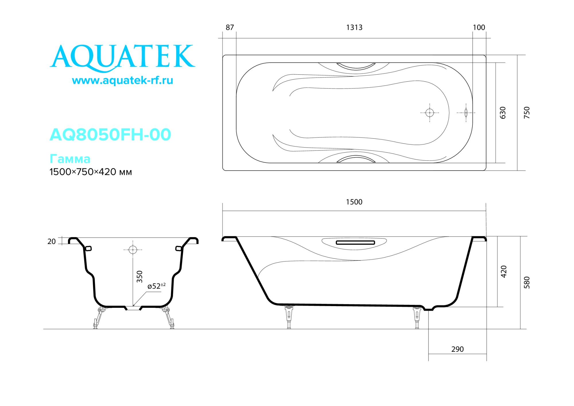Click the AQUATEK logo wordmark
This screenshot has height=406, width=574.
(123, 57)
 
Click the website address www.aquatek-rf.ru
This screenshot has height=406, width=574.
(123, 80)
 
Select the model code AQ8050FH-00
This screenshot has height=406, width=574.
(110, 134)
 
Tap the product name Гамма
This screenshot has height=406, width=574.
(70, 159)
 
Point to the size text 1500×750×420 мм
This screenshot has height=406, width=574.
(90, 172)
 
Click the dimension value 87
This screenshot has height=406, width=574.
(230, 28)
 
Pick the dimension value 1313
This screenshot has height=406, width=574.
(354, 28)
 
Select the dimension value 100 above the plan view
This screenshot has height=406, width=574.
(479, 28)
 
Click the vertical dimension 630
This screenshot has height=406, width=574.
(503, 113)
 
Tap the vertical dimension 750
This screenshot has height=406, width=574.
(527, 113)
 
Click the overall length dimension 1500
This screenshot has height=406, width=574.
(354, 202)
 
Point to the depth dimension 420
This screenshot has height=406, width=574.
(504, 272)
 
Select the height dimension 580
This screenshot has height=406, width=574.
(527, 283)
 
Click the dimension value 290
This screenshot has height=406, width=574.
(457, 349)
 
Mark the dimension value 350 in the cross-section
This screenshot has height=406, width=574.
(139, 277)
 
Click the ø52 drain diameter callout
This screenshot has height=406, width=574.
(156, 286)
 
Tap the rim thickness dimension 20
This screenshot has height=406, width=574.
(52, 241)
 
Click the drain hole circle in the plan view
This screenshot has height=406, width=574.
(430, 113)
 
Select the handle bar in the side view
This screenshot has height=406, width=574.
(355, 243)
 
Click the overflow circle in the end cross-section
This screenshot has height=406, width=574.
(133, 250)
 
